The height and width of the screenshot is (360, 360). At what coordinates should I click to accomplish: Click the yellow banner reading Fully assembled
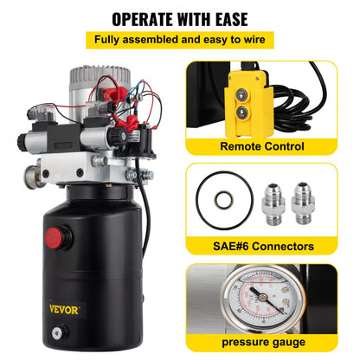180,41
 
